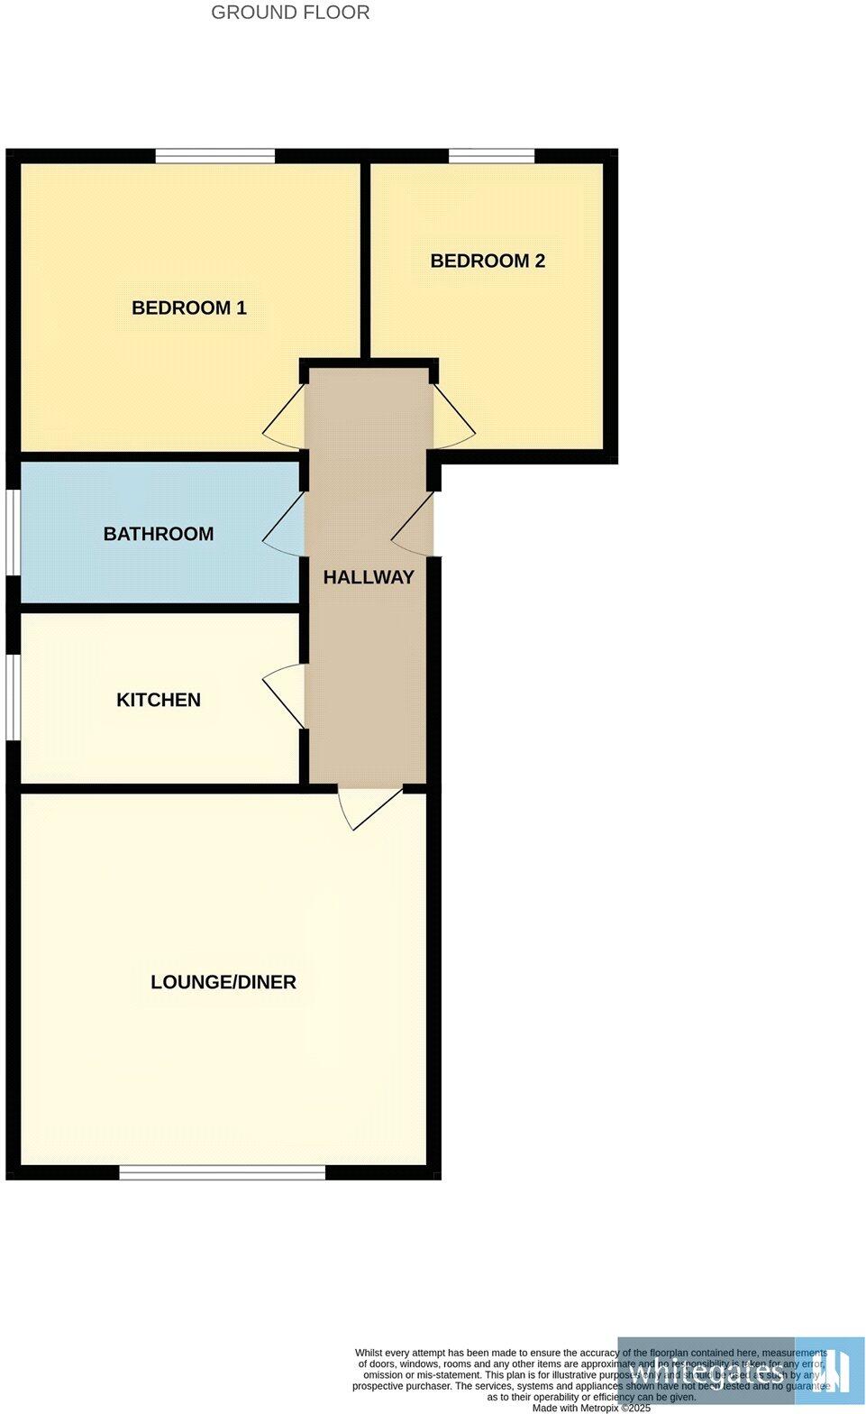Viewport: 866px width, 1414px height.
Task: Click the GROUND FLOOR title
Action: tap(290, 13)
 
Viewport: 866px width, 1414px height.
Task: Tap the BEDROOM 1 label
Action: tap(189, 308)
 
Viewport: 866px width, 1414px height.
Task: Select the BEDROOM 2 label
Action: tap(488, 261)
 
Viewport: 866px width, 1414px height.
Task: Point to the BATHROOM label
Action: tap(159, 534)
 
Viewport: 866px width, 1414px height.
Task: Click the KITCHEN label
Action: tap(159, 700)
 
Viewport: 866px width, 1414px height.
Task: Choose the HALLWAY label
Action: tap(369, 577)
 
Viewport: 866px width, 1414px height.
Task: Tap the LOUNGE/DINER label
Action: tap(223, 982)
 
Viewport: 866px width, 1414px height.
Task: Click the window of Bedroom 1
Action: tap(214, 156)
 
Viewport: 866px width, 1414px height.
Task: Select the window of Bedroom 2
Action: tap(491, 156)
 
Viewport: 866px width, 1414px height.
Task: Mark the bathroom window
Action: tap(14, 532)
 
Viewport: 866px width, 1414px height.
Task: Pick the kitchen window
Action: tap(14, 697)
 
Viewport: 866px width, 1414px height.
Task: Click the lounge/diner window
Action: tap(223, 1172)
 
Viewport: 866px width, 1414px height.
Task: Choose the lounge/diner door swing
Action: tap(368, 805)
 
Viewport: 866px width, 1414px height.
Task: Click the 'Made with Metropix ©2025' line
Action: tap(591, 1408)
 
